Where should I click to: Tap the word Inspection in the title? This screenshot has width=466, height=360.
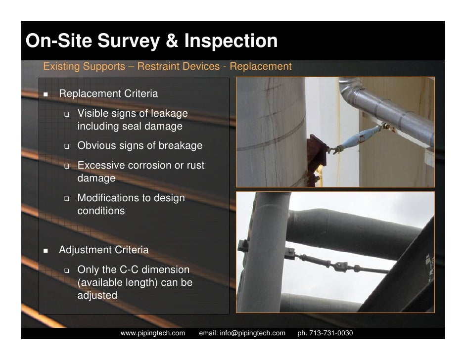(x=231, y=41)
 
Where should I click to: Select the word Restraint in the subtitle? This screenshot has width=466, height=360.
(x=157, y=66)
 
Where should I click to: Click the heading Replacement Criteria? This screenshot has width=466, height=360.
(x=108, y=93)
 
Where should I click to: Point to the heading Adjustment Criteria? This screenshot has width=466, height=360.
(x=103, y=250)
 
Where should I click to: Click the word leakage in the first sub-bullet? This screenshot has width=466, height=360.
(x=169, y=113)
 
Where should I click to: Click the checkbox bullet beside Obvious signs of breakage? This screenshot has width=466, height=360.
(x=67, y=146)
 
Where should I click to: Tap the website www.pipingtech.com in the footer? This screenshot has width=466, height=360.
(x=153, y=333)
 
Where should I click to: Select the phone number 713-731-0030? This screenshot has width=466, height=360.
(x=331, y=333)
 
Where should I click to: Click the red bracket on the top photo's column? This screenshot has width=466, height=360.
(x=316, y=154)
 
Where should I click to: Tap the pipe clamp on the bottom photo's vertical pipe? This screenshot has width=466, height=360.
(x=243, y=246)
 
